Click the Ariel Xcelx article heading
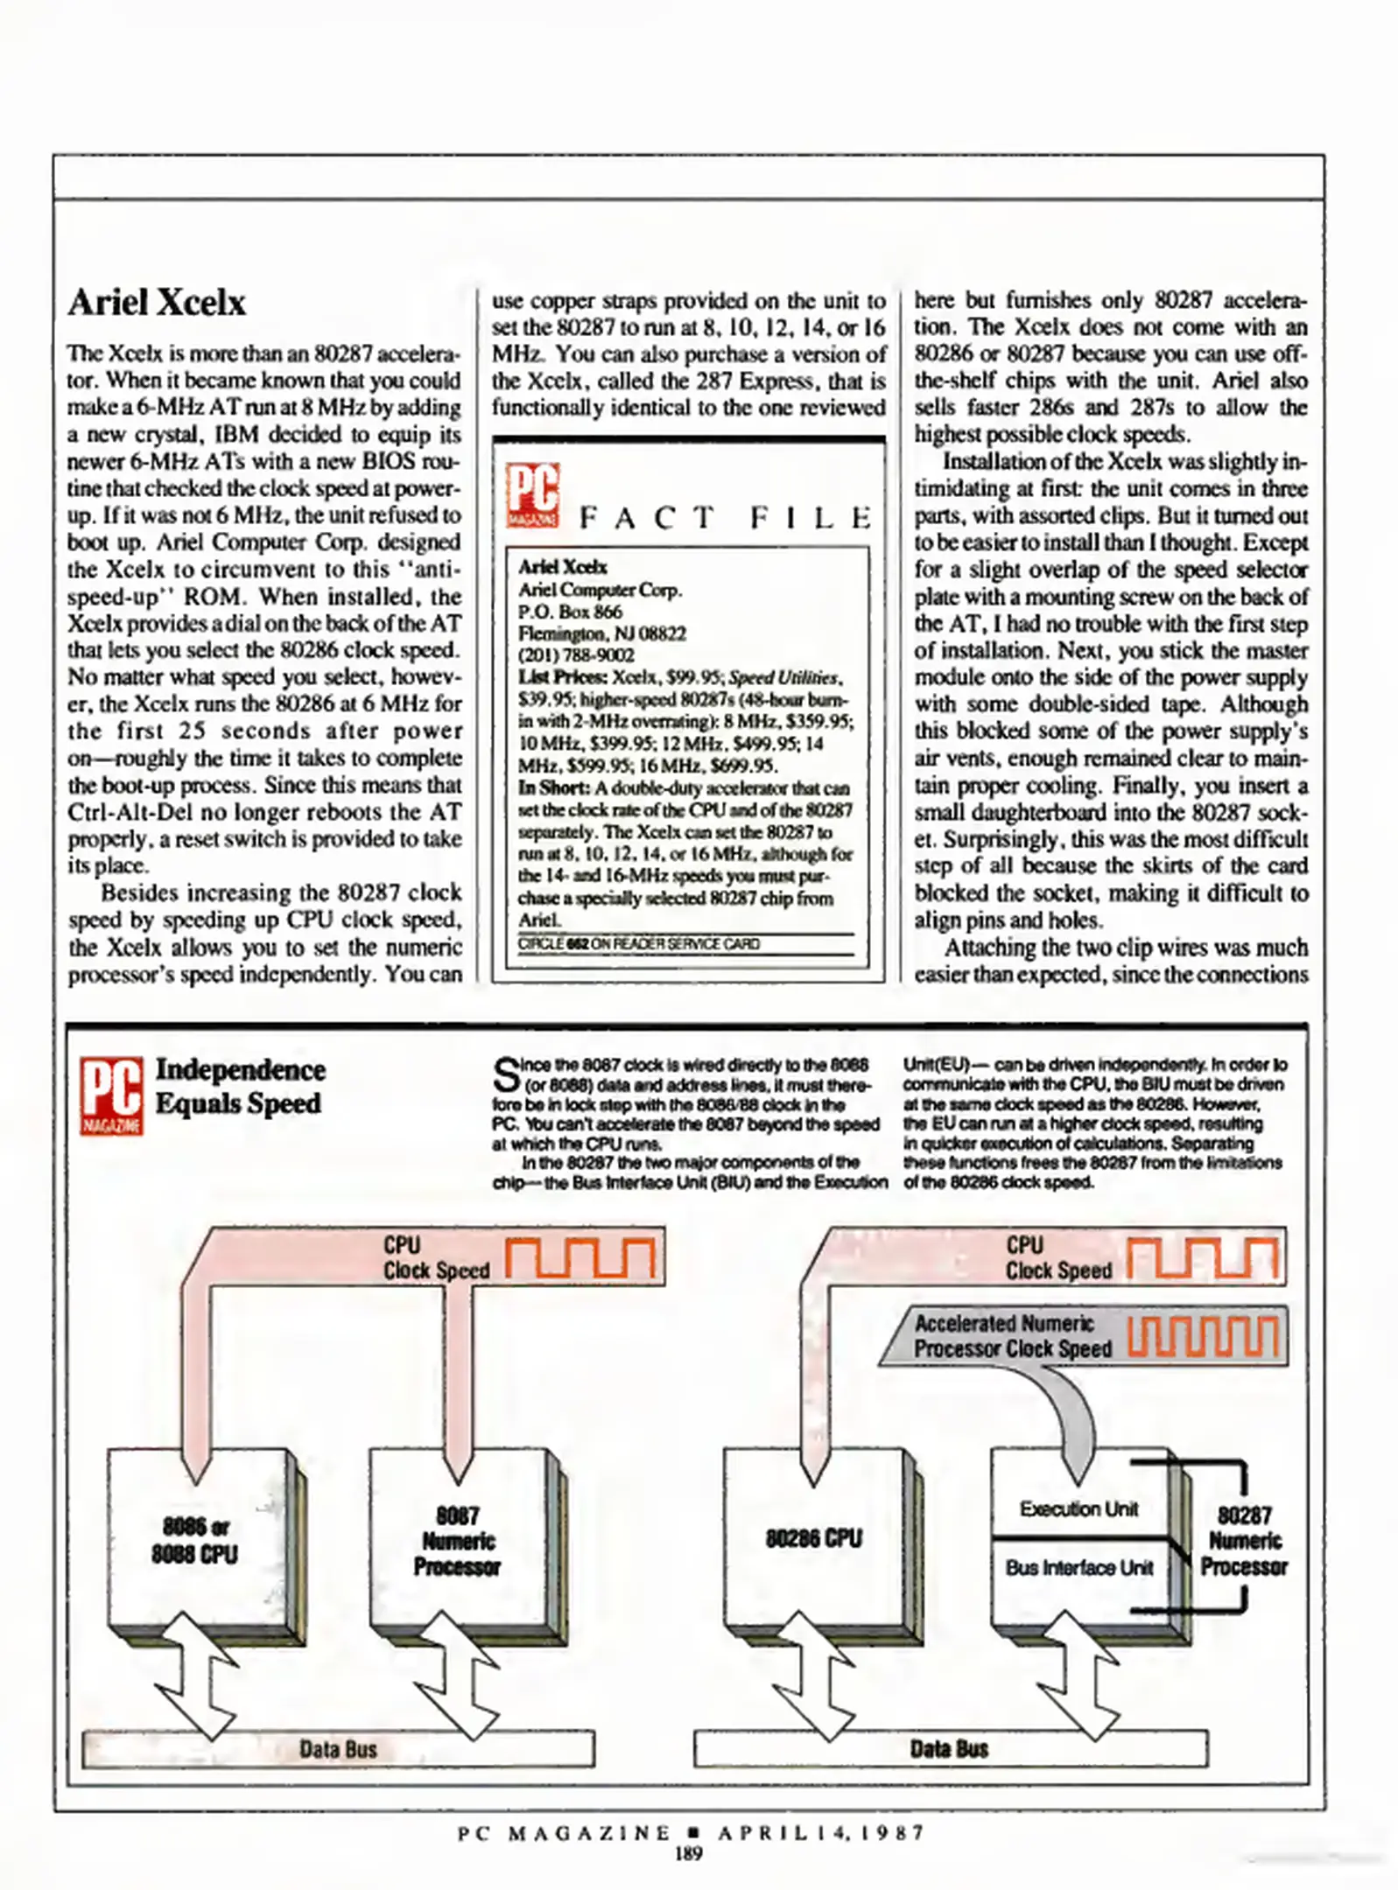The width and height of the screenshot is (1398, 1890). (x=157, y=303)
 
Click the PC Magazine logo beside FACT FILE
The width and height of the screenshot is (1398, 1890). (x=532, y=495)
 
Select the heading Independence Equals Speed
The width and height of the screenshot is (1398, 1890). (x=240, y=1086)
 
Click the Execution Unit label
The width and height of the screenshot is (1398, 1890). (x=1078, y=1508)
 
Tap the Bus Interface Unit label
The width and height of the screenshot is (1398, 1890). (x=1078, y=1567)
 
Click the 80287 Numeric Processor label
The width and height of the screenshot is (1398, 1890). (x=1244, y=1541)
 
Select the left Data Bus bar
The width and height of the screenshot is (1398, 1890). (x=338, y=1749)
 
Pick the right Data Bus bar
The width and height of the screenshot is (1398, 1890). (x=950, y=1749)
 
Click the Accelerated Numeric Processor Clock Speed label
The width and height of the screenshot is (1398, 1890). (x=1013, y=1336)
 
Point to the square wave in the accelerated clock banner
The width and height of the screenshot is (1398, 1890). (x=1203, y=1337)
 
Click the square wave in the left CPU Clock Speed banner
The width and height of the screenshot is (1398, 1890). (x=580, y=1258)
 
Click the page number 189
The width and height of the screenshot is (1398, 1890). (x=689, y=1853)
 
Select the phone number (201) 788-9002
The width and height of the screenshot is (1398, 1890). (x=576, y=655)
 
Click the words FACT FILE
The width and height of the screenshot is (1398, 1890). (x=725, y=518)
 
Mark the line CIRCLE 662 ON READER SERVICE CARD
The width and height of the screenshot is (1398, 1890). (x=639, y=944)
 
